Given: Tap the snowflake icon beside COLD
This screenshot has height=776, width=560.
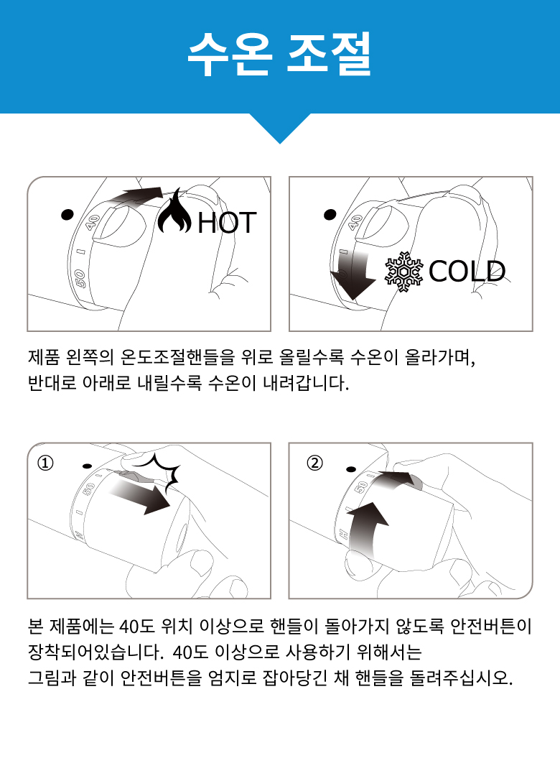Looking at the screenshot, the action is [404, 271].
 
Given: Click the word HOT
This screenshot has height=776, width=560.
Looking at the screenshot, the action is [227, 223].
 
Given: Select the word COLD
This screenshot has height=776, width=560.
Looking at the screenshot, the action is [467, 271].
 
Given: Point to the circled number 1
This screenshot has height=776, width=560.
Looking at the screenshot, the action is [45, 463].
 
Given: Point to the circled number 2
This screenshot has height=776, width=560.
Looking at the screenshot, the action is [314, 463].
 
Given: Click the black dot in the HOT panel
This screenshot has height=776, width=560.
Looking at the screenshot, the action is [67, 214].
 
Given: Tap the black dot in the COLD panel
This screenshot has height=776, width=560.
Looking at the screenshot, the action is [330, 214].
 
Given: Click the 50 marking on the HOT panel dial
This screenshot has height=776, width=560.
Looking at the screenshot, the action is [80, 278].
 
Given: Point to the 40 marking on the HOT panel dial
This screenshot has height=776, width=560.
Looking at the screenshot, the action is [93, 222].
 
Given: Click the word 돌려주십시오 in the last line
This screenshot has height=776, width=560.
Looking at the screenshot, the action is [461, 678].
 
